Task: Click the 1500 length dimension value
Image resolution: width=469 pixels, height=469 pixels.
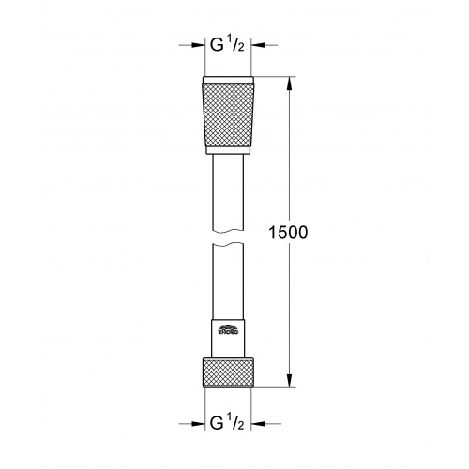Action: point(288,233)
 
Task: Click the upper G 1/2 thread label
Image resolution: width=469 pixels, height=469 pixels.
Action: point(227,45)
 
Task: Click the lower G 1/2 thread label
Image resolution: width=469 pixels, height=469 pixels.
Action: point(227,424)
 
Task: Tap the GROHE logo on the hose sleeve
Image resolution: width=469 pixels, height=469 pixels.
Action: point(228,330)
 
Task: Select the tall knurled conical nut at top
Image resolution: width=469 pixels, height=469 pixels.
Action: point(228,115)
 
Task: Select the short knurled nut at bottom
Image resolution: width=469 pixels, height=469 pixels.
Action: point(228,373)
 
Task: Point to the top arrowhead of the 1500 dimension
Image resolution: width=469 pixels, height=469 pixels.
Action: point(290,83)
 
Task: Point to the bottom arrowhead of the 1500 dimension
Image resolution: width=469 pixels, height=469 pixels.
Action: point(290,381)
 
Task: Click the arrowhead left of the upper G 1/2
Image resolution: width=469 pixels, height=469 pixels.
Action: point(198,45)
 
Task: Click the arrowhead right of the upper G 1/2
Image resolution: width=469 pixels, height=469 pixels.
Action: point(258,45)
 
